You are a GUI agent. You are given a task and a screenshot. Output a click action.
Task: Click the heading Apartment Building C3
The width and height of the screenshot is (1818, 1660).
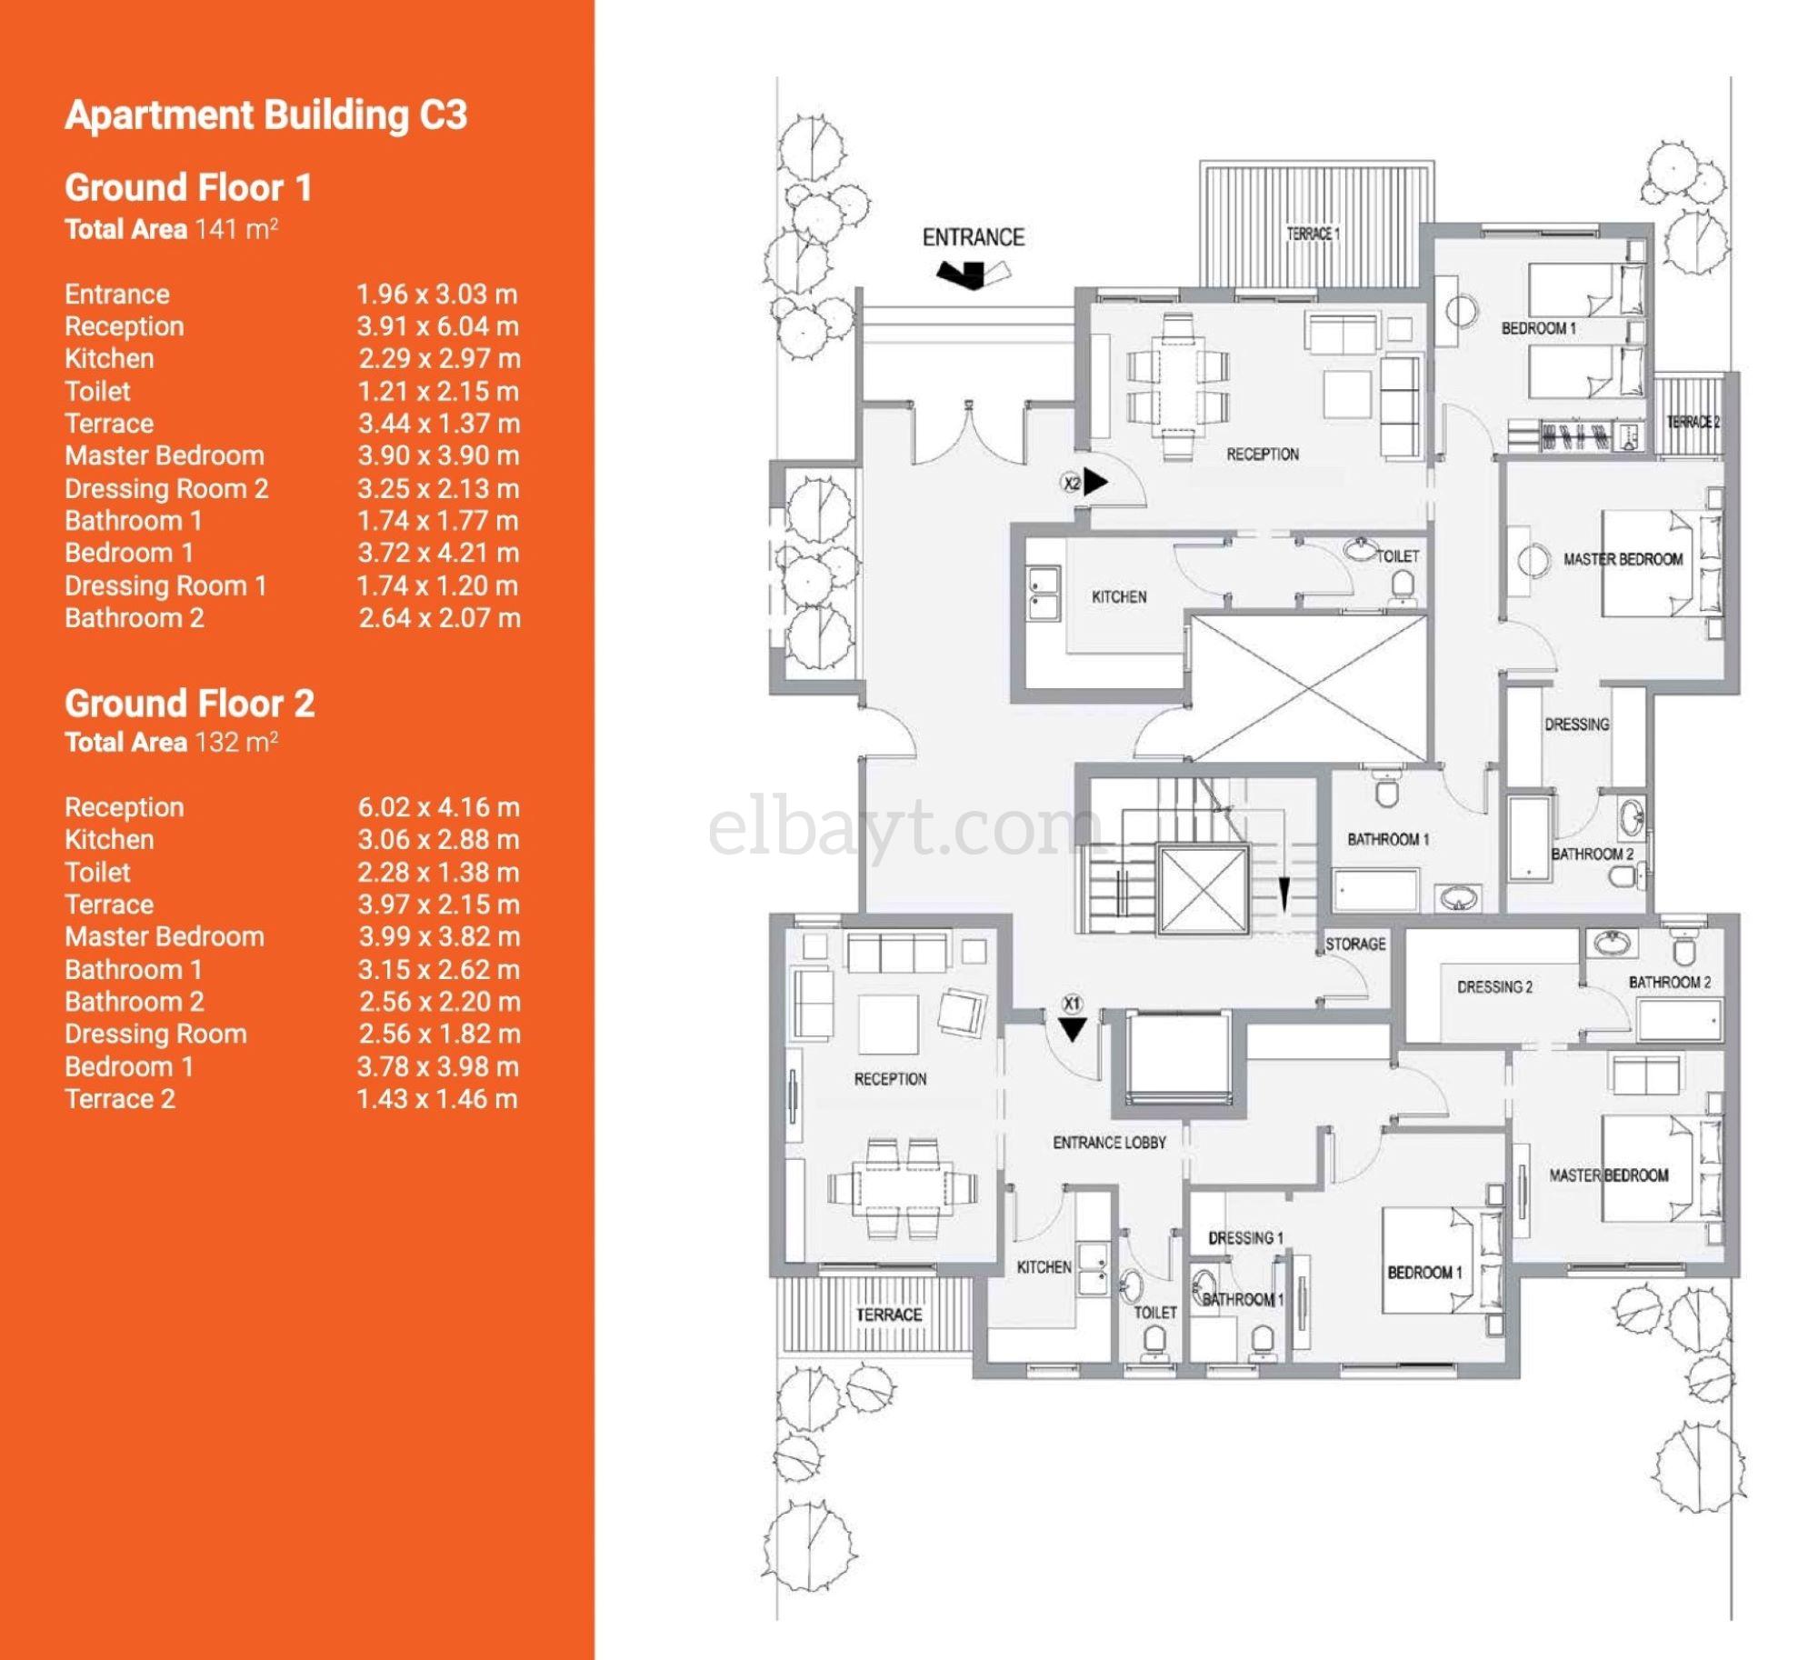(x=265, y=115)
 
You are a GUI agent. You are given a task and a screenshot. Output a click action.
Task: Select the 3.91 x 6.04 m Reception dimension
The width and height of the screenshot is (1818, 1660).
(x=437, y=326)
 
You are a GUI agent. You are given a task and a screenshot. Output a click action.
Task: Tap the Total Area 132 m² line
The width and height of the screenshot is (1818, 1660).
(x=171, y=742)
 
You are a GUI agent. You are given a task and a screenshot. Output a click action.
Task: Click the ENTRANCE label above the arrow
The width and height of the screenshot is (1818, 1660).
(x=973, y=237)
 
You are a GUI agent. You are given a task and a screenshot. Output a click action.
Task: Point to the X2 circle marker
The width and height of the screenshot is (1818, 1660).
(x=1072, y=483)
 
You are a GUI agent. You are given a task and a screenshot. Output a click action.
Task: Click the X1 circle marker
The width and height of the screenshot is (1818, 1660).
(x=1072, y=1005)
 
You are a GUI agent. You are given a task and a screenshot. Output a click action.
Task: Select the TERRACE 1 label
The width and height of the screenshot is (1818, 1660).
(x=1313, y=234)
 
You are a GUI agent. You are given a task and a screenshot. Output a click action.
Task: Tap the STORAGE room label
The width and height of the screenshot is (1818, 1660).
(x=1354, y=944)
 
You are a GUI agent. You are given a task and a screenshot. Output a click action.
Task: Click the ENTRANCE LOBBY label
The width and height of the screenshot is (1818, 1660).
(x=1109, y=1142)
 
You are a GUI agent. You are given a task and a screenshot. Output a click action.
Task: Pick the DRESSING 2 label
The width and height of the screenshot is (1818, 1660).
(x=1494, y=986)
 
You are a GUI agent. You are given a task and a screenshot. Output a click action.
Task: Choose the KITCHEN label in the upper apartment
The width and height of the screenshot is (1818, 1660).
(x=1119, y=596)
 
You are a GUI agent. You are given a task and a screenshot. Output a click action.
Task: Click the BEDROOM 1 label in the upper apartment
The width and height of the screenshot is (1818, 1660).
(x=1538, y=328)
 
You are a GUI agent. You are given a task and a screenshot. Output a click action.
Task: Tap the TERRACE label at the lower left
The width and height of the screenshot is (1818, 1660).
(x=888, y=1315)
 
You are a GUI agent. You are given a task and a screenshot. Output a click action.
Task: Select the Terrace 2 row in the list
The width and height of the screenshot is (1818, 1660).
(x=119, y=1098)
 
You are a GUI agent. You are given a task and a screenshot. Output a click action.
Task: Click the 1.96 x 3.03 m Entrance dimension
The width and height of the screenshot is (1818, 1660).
(x=437, y=295)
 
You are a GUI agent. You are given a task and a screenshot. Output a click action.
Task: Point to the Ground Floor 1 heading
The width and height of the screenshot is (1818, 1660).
(x=188, y=188)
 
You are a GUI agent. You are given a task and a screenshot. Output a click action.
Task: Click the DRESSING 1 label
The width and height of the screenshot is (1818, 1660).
(x=1245, y=1237)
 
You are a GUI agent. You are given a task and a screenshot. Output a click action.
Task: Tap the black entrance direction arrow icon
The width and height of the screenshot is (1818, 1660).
(x=964, y=273)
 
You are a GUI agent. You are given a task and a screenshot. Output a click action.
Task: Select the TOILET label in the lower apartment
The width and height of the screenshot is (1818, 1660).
(x=1154, y=1313)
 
